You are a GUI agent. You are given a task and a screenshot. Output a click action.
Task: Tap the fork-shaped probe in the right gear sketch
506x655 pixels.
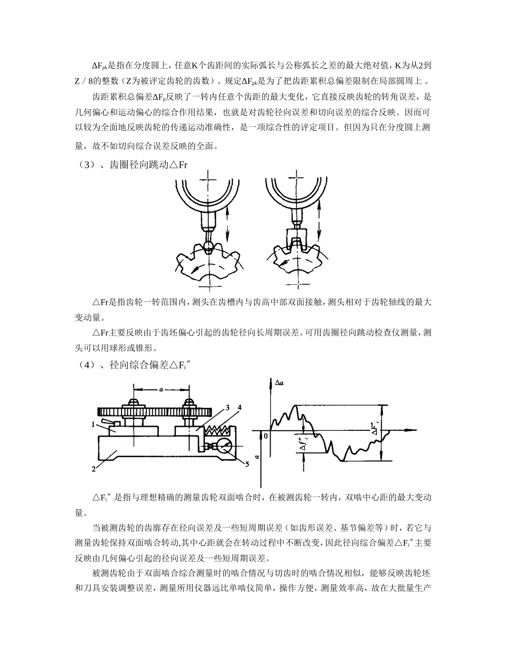pyautogui.click(x=295, y=238)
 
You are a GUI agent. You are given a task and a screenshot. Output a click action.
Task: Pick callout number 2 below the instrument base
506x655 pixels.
pyautogui.click(x=94, y=469)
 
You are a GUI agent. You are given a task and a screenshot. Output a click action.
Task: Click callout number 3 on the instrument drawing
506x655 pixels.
pyautogui.click(x=227, y=408)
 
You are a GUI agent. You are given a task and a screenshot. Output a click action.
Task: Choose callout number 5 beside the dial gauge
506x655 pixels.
pyautogui.click(x=247, y=463)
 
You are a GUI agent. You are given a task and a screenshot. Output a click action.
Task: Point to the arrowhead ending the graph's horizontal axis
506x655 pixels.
pyautogui.click(x=413, y=429)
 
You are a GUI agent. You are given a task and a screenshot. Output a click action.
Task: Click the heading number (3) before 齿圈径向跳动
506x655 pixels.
pyautogui.click(x=81, y=165)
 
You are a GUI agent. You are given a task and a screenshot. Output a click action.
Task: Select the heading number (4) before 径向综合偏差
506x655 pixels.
pyautogui.click(x=81, y=365)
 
